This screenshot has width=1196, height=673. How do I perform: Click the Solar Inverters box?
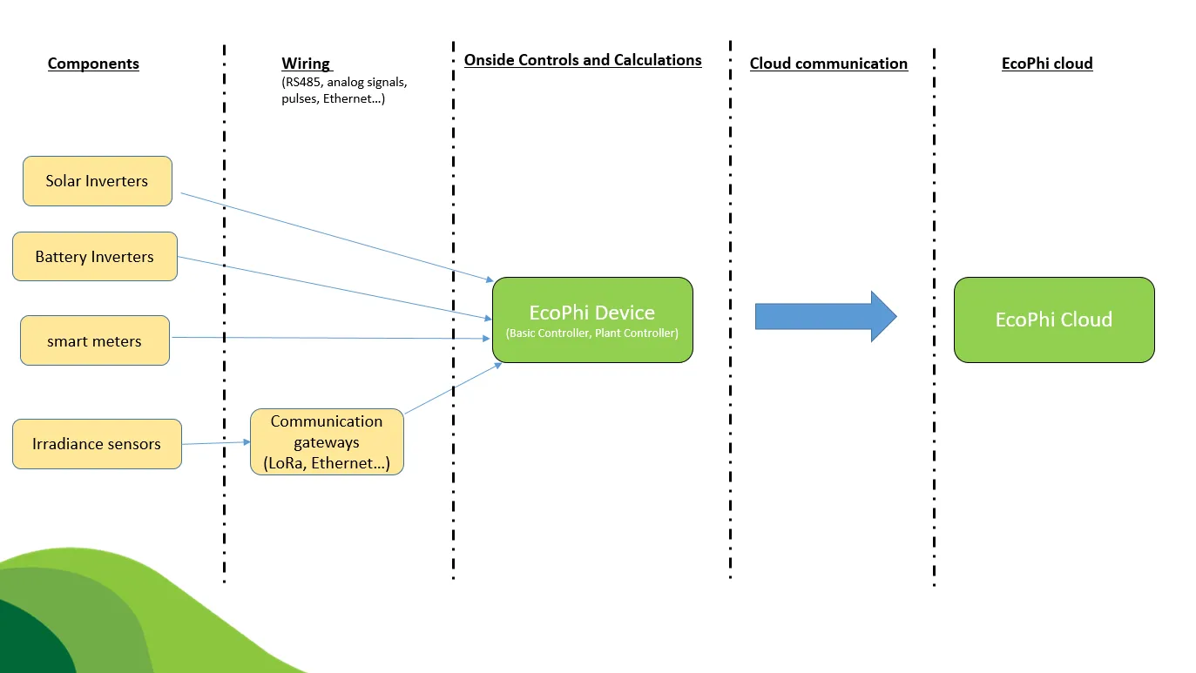[x=98, y=181]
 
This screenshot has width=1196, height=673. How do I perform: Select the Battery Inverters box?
[x=95, y=257]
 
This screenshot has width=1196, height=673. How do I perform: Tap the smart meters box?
[x=95, y=340]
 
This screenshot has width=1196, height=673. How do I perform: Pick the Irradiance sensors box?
[x=97, y=444]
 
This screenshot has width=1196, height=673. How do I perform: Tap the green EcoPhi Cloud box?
[x=1054, y=320]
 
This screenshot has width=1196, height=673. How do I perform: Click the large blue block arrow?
[x=824, y=316]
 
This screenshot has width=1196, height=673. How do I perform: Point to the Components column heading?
[x=93, y=64]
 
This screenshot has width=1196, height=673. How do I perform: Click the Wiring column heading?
[x=306, y=64]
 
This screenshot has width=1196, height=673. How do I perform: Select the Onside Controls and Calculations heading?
[x=583, y=60]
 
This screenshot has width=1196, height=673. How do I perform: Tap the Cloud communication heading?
[x=828, y=64]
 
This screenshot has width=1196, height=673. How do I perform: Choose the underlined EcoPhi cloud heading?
[x=1047, y=64]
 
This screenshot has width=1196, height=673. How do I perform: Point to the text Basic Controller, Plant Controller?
[x=592, y=333]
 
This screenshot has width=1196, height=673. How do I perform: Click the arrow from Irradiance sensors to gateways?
[x=216, y=442]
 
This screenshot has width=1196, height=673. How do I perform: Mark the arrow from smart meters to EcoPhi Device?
[x=331, y=338]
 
